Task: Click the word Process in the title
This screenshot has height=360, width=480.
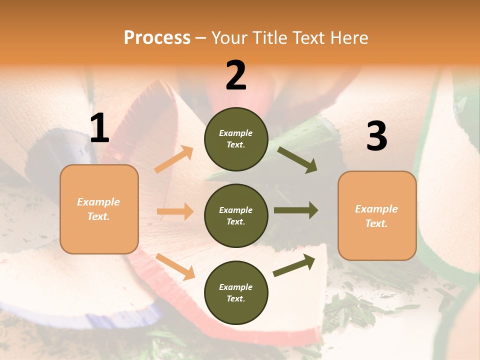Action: tap(157, 37)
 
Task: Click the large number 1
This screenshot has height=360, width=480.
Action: tap(99, 128)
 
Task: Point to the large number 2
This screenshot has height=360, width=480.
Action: tap(236, 75)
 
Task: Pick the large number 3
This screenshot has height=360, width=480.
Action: tap(376, 136)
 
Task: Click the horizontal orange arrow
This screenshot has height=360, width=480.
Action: tap(175, 211)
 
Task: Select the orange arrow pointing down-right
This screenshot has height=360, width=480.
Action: tap(175, 266)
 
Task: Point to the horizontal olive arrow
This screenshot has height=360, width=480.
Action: tap(296, 210)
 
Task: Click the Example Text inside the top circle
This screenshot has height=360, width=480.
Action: tap(236, 139)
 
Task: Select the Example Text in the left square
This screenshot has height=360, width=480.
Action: tap(98, 209)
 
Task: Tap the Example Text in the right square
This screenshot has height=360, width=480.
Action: tap(376, 216)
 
